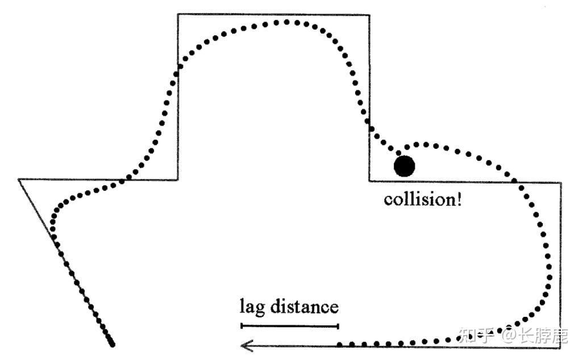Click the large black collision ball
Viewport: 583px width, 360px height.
coord(405,166)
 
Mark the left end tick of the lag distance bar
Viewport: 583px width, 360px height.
coord(241,325)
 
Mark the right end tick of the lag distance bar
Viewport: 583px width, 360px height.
coord(338,325)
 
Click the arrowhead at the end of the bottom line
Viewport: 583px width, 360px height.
coord(244,345)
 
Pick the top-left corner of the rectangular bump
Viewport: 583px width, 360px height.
coord(178,14)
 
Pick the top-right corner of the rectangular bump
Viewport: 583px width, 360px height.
coord(369,14)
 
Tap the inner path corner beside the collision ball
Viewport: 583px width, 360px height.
coord(369,181)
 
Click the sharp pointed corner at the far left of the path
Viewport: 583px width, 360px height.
coord(19,179)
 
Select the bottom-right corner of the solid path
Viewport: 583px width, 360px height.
coord(561,347)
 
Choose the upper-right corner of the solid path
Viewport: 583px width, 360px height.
coord(561,183)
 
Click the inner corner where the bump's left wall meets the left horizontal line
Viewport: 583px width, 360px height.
coord(178,179)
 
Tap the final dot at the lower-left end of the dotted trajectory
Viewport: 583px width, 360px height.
coord(112,344)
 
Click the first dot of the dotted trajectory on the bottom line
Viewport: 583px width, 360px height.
coord(340,344)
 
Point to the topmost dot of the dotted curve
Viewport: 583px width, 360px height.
coord(287,22)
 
